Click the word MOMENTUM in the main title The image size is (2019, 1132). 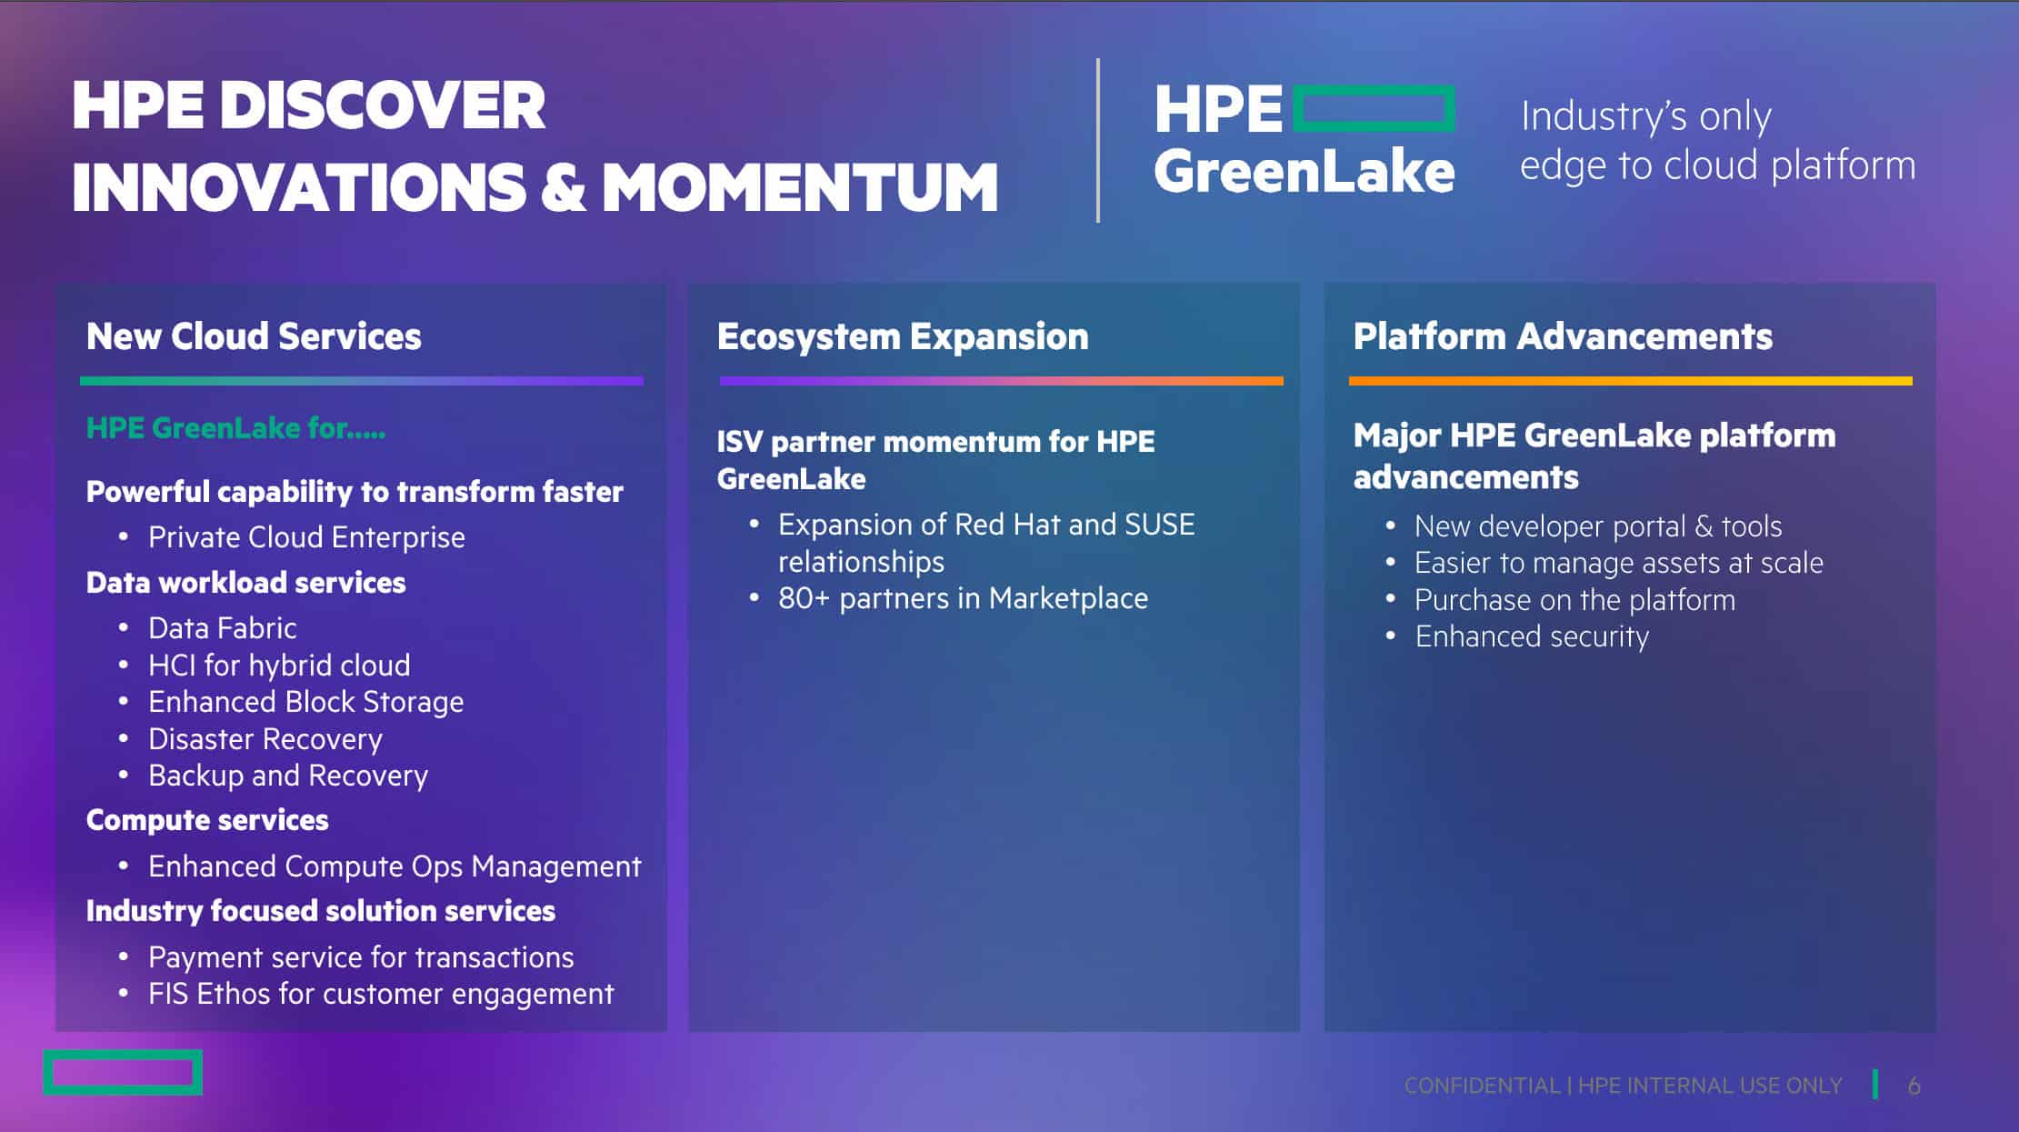pos(800,187)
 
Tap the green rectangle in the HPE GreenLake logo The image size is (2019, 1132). pos(1374,89)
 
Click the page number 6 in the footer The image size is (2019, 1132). pos(1914,1086)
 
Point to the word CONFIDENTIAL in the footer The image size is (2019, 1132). pos(1482,1086)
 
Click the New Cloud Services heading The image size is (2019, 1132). pos(254,336)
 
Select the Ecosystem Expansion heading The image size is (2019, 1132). pos(903,336)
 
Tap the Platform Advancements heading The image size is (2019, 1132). pos(1563,336)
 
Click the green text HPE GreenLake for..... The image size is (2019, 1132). pos(235,427)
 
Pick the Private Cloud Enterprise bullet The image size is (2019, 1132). pos(306,537)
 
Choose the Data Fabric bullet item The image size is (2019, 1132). pos(223,628)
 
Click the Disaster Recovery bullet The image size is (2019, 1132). pos(265,739)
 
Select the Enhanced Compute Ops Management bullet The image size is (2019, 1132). pos(395,867)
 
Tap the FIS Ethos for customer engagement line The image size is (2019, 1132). pos(381,994)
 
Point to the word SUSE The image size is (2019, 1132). pos(1160,525)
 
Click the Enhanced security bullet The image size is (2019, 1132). pos(1532,636)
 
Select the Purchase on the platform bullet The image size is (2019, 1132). pos(1574,600)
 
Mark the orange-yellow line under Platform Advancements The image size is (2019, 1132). pos(1631,381)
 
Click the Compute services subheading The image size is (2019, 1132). pos(207,820)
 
